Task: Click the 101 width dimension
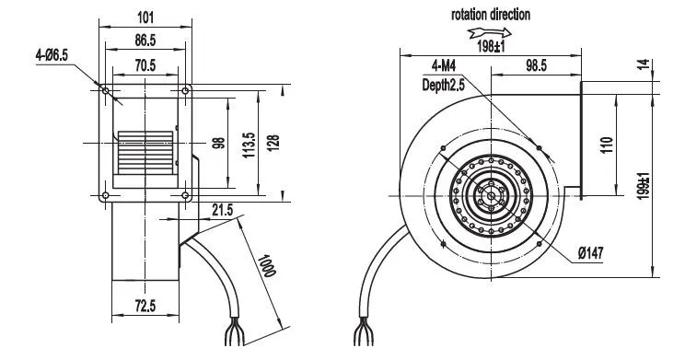(x=145, y=17)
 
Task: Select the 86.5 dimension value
(x=145, y=41)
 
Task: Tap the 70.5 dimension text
(x=145, y=65)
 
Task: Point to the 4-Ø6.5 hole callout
(x=52, y=55)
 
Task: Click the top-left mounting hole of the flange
(x=105, y=91)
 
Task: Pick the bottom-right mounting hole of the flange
(x=185, y=195)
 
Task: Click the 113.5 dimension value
(x=249, y=145)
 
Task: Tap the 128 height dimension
(x=273, y=143)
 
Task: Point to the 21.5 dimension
(x=223, y=210)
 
